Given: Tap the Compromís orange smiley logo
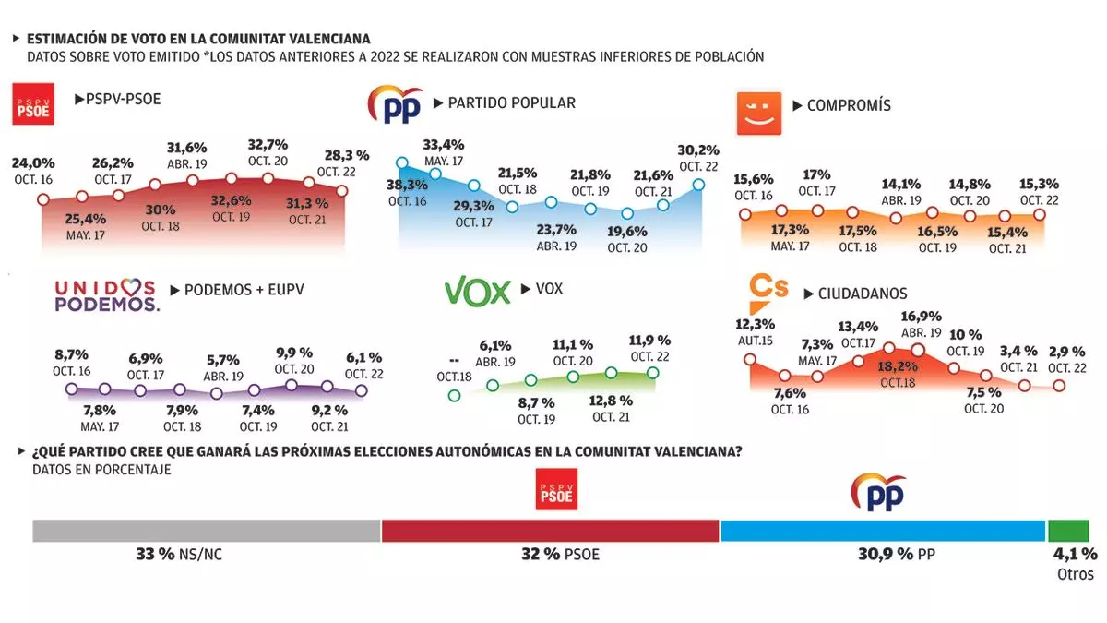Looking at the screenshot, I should click(758, 112).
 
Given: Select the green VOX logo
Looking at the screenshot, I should click(477, 292).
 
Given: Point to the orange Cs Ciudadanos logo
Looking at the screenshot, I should click(768, 290).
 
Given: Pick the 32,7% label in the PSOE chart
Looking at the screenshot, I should click(268, 145).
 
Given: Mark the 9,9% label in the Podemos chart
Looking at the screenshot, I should click(295, 353).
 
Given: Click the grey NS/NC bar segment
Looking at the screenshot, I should click(207, 531).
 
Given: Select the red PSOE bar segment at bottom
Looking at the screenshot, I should click(550, 531).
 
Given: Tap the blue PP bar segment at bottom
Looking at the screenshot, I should click(883, 531).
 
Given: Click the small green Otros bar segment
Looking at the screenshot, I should click(1067, 531).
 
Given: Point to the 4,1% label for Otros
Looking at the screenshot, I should click(1075, 555).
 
